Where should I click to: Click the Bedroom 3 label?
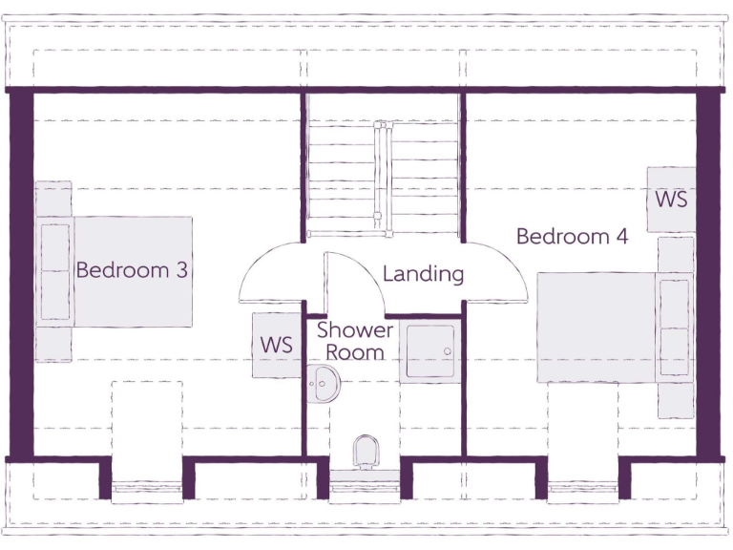pos(132,270)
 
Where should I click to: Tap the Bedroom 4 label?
pos(572,236)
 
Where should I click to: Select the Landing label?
pos(423,274)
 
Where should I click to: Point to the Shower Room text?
pos(355,341)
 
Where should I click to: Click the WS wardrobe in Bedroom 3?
pos(277,345)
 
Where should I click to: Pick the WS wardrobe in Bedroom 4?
pos(670,200)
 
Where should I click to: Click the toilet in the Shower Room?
pos(365,450)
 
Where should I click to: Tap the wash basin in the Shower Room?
pos(324,384)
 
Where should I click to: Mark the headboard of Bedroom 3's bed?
pos(54,271)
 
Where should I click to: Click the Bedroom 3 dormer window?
pos(147,492)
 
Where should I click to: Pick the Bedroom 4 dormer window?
pos(583,492)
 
